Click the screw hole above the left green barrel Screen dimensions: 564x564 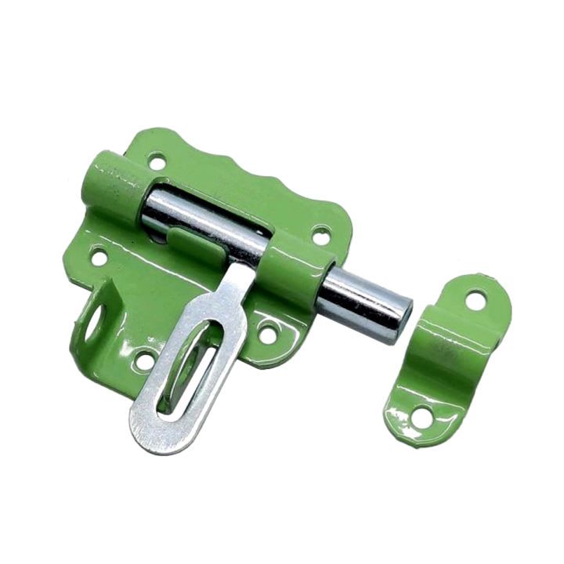tap(157, 162)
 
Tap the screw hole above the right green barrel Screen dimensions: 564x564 tap(321, 233)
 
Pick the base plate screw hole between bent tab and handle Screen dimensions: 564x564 tap(144, 361)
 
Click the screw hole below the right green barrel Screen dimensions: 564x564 tap(268, 334)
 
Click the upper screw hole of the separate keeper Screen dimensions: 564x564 tap(475, 299)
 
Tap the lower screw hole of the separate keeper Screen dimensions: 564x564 tap(421, 418)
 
